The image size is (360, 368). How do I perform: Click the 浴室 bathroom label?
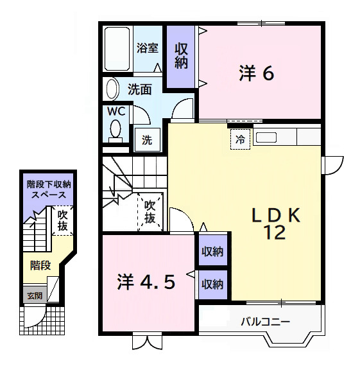point(148,48)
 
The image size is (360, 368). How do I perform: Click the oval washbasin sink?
point(112,89)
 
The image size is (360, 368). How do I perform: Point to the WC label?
point(116,111)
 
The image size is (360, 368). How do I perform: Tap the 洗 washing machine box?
point(147,140)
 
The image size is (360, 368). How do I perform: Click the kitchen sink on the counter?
point(267,137)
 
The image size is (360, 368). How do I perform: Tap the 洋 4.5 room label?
point(146,282)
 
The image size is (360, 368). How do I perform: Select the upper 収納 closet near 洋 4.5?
point(212,252)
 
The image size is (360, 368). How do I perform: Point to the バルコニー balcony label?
point(266,320)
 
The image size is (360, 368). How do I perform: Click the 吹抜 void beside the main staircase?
point(150,213)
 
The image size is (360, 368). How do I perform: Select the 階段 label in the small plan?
point(40,264)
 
